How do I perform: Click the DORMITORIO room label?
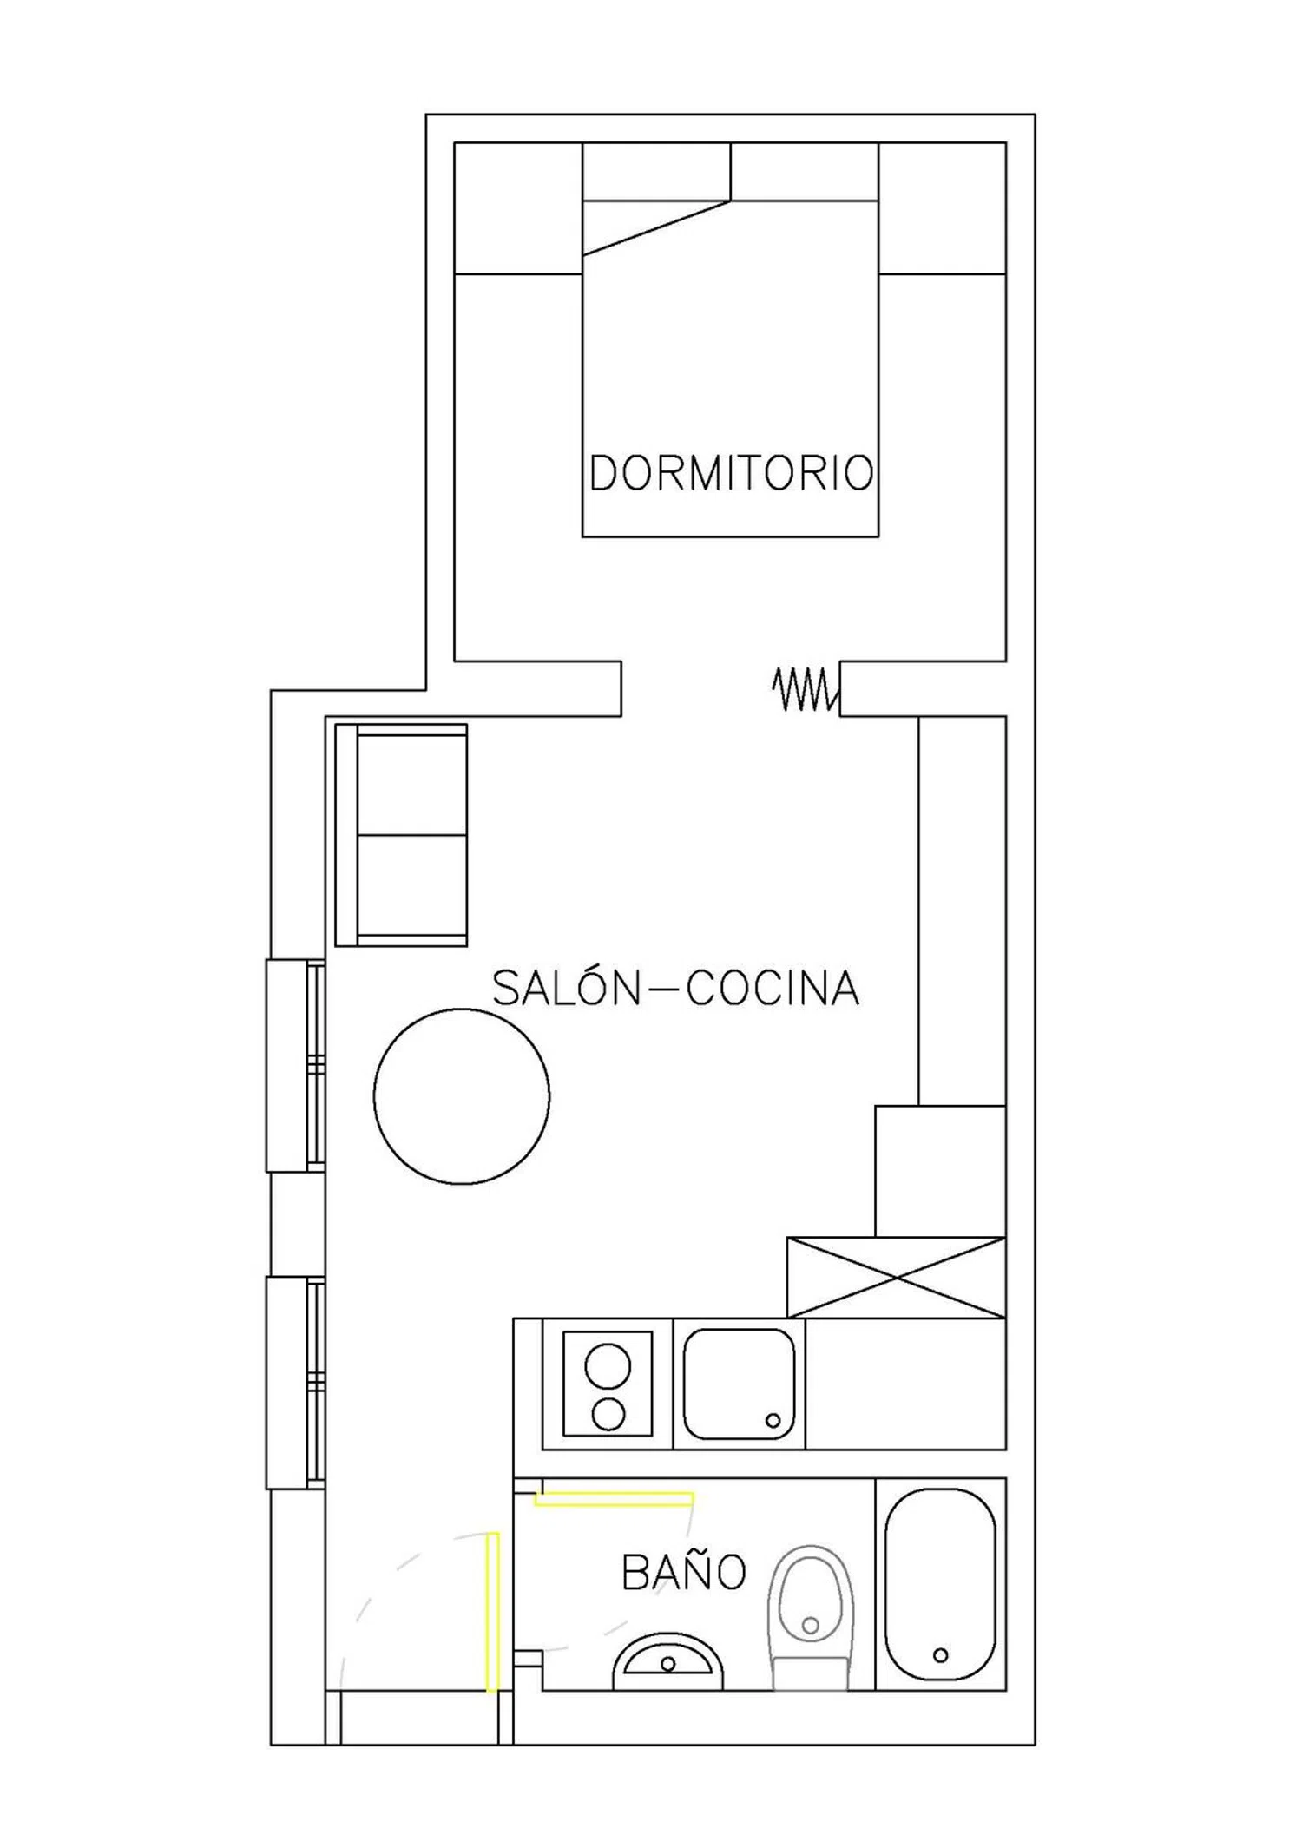tap(731, 473)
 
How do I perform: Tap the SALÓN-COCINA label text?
tap(675, 988)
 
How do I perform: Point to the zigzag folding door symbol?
tap(806, 689)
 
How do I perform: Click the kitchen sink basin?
tap(739, 1384)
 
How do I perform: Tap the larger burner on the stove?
tap(608, 1367)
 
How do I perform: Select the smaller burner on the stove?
tap(608, 1415)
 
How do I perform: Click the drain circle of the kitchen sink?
tap(773, 1421)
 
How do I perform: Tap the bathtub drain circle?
tap(940, 1655)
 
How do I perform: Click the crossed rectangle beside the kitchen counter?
tap(896, 1278)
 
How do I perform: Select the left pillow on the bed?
tap(656, 171)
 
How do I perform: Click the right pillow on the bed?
tap(805, 171)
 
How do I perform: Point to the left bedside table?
tap(518, 208)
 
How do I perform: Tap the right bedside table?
tap(943, 208)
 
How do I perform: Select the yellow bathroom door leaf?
tap(614, 1498)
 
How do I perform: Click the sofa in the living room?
tap(401, 835)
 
